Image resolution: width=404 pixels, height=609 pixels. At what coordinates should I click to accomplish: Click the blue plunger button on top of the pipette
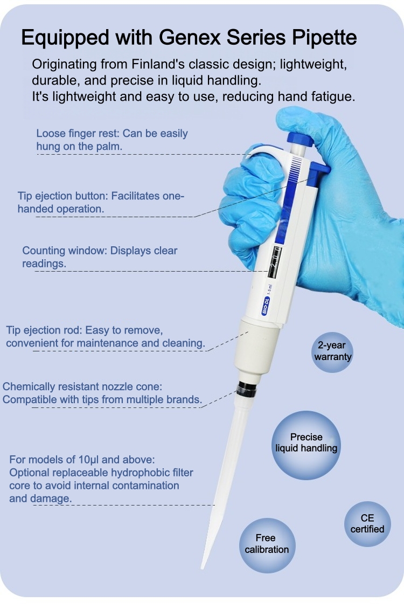(x=299, y=139)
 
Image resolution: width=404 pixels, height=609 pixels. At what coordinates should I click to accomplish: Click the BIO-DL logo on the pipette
(x=266, y=306)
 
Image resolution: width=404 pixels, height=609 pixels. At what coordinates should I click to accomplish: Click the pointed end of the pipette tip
(x=202, y=568)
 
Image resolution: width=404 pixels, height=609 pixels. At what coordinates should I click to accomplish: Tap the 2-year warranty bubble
(x=332, y=351)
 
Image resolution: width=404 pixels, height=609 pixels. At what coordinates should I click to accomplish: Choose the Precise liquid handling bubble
(x=306, y=443)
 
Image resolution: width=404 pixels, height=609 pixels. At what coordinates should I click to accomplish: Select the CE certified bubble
(x=367, y=523)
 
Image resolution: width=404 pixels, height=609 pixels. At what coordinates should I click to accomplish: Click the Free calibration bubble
(x=267, y=544)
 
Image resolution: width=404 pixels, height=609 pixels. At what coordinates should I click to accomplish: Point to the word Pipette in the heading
(x=324, y=38)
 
